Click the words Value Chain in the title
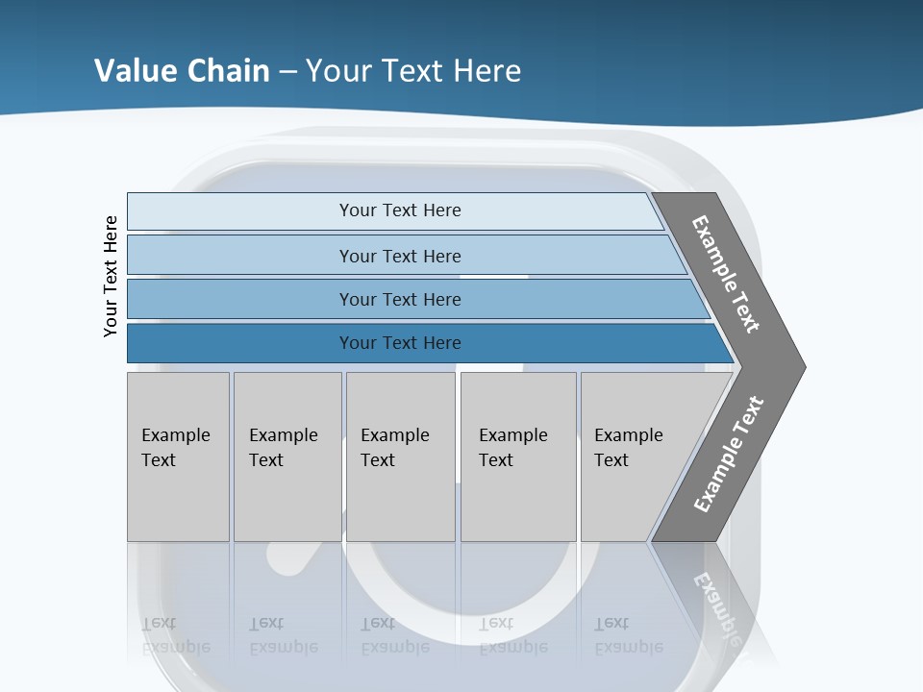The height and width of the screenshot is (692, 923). point(182,71)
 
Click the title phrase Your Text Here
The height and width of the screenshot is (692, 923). point(413,71)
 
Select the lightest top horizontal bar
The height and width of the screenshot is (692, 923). point(240,211)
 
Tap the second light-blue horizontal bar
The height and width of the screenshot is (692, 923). point(240,256)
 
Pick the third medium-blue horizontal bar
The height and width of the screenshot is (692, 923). point(240,299)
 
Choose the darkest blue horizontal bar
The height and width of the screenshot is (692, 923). point(240,343)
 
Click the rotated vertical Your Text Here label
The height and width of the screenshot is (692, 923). point(111,276)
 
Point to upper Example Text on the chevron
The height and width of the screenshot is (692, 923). point(726,274)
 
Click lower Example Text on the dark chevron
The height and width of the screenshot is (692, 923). point(729,455)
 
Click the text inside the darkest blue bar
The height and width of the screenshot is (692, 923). point(400,343)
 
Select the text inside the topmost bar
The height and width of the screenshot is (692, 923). point(400,210)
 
